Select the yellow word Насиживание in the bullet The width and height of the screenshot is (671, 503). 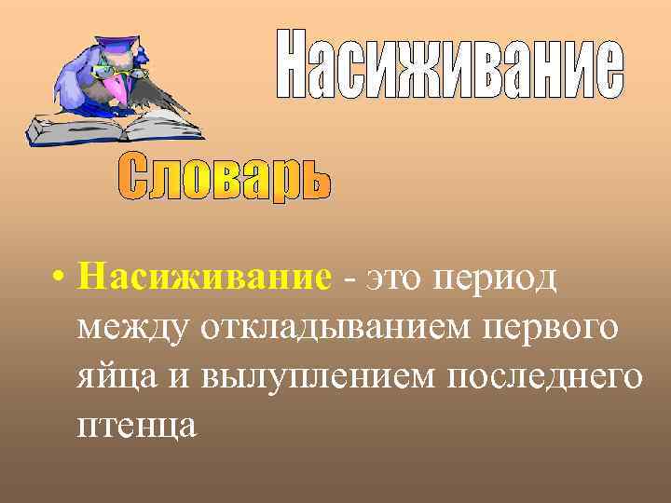(x=205, y=277)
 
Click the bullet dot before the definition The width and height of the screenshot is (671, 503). (x=58, y=278)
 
